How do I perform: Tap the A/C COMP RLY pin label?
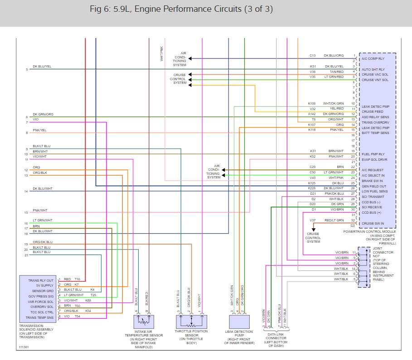[373, 58]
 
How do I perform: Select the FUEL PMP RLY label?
[373, 154]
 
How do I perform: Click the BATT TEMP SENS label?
[375, 133]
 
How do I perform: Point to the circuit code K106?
[312, 103]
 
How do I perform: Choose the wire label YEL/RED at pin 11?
[336, 109]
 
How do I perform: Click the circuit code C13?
[312, 55]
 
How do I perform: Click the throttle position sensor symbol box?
[192, 322]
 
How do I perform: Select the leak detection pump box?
[241, 322]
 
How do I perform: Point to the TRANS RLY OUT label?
[41, 280]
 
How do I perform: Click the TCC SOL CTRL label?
[42, 312]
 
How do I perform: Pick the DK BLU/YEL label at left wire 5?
[42, 67]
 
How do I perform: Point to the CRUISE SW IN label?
[373, 223]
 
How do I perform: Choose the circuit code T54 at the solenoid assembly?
[78, 316]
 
